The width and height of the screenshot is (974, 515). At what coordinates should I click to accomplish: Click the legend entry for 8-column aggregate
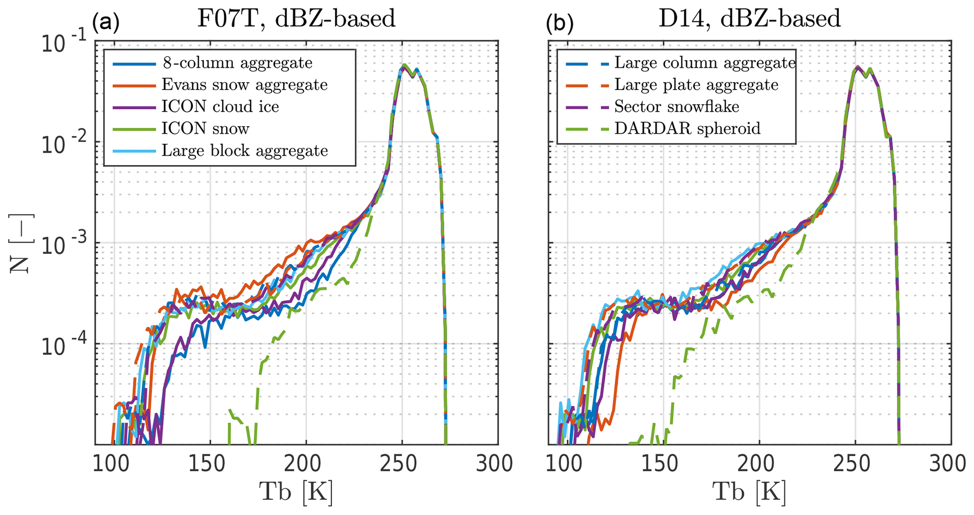237,63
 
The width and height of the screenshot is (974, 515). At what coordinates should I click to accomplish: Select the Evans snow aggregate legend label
244,85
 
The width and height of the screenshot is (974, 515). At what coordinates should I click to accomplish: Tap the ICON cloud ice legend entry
220,107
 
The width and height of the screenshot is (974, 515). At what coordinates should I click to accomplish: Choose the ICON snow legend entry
205,128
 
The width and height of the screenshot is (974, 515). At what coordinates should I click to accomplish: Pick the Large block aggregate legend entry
245,150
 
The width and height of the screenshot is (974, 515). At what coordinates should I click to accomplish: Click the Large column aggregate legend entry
704,63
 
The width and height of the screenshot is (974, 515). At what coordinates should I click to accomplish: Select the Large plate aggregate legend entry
696,85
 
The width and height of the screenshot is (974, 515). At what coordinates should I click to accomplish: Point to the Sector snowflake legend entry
676,107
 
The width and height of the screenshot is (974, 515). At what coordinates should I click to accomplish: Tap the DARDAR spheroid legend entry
687,128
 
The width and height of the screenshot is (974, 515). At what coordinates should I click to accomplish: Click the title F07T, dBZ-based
296,19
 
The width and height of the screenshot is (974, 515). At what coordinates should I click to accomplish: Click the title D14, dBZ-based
749,19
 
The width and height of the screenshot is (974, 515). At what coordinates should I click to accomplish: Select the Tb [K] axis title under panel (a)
296,493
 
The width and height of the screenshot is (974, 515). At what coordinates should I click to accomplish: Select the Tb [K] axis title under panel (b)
749,493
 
